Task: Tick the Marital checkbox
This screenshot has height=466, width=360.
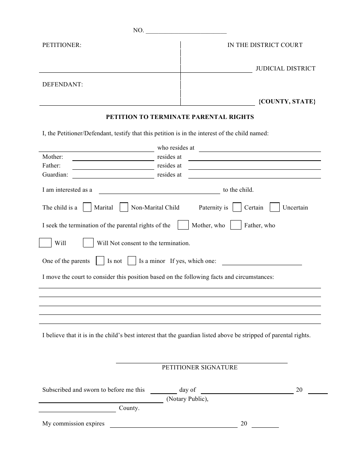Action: (87, 207)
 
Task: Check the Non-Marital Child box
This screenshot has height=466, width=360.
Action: (124, 207)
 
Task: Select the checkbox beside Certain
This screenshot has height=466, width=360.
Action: (237, 207)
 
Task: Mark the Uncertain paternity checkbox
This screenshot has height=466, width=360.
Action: (275, 207)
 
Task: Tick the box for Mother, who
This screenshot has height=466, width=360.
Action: (183, 225)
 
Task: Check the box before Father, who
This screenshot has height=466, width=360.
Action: (236, 225)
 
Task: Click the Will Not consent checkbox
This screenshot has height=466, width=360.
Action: (88, 243)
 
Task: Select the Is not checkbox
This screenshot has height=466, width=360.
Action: (100, 261)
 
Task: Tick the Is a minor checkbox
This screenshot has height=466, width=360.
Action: (132, 261)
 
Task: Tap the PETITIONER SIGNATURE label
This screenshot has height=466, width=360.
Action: (200, 367)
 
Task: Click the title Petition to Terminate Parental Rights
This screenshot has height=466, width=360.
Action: (180, 117)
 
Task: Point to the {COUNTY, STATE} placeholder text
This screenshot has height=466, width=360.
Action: (287, 102)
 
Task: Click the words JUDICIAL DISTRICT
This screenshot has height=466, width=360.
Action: (285, 69)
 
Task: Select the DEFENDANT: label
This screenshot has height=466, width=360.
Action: (63, 84)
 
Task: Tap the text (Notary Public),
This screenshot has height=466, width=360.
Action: (187, 399)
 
